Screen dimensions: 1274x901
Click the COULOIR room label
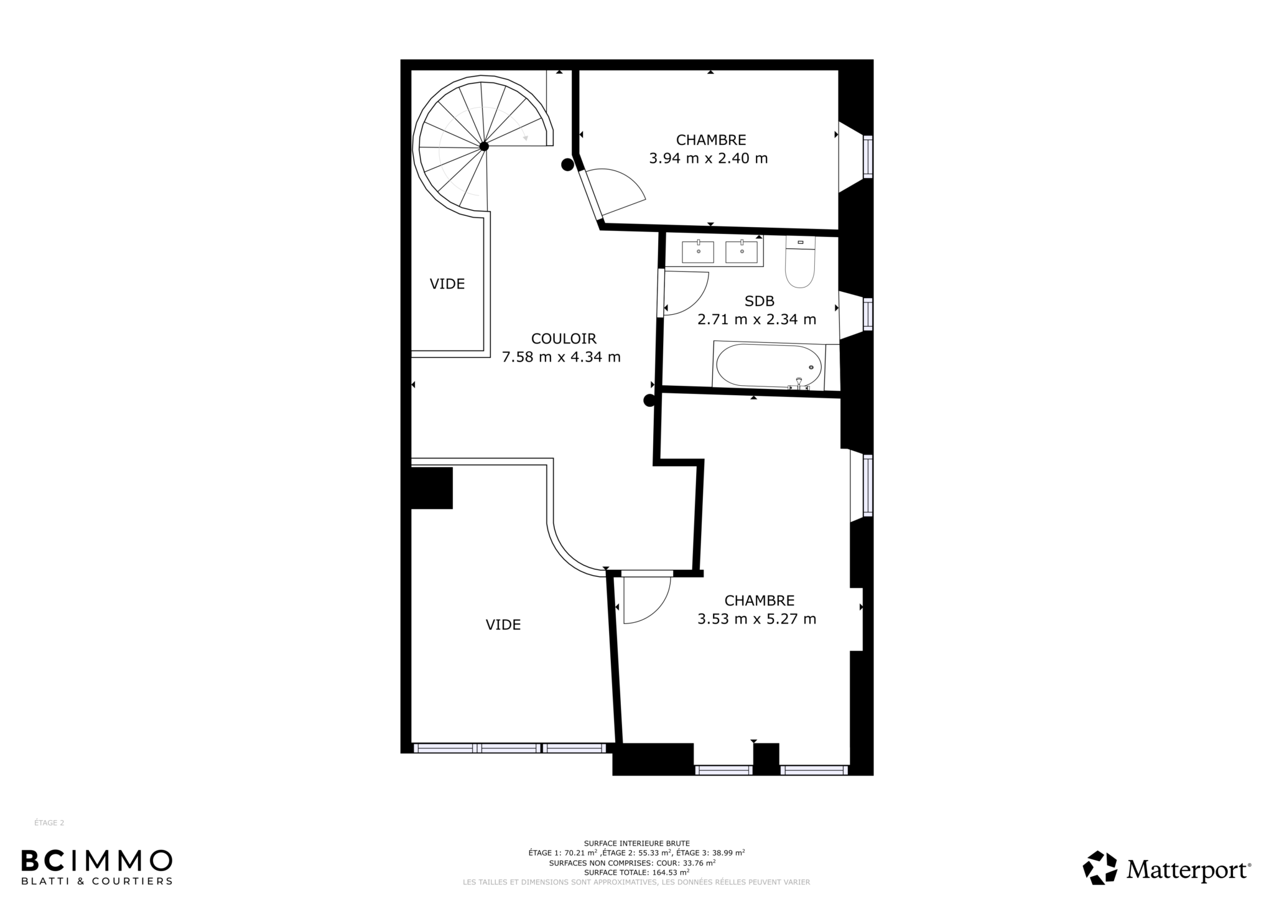[564, 338]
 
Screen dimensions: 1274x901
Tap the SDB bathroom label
[760, 301]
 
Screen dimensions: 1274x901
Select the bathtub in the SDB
[769, 366]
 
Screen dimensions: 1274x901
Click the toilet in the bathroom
[800, 262]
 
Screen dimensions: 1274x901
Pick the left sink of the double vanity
[698, 252]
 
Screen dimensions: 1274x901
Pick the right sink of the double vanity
[742, 252]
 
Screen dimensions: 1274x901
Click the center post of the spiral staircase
[483, 146]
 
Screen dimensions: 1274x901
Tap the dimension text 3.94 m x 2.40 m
[709, 159]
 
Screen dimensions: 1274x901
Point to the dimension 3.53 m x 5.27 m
[757, 619]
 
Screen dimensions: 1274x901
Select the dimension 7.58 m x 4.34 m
[561, 357]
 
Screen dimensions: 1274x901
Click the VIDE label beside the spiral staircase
[447, 284]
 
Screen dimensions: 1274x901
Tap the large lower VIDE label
[503, 625]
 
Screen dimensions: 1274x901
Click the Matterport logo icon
[1100, 868]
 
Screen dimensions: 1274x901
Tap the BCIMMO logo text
[96, 861]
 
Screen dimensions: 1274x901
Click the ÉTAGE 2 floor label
[49, 823]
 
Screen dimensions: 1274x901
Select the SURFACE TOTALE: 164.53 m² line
[636, 872]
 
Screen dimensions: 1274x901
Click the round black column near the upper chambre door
[567, 165]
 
